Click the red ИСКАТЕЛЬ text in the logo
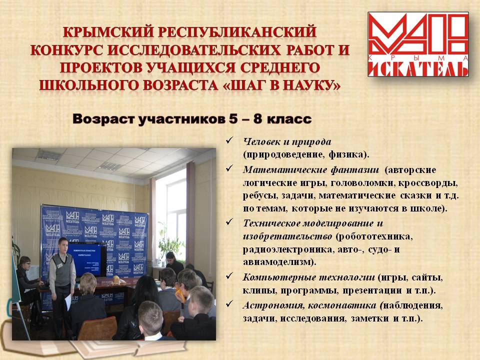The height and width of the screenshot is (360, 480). click(418, 69)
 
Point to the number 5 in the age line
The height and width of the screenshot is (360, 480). click(233, 119)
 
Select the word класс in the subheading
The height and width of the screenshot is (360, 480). click(289, 119)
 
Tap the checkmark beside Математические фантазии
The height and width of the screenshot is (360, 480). click(229, 168)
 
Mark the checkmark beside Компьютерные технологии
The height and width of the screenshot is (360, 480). click(229, 276)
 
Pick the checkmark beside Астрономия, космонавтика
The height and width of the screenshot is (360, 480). click(229, 303)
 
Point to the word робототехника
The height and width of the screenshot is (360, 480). click(374, 236)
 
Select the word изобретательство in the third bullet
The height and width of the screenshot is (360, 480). click(287, 236)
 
